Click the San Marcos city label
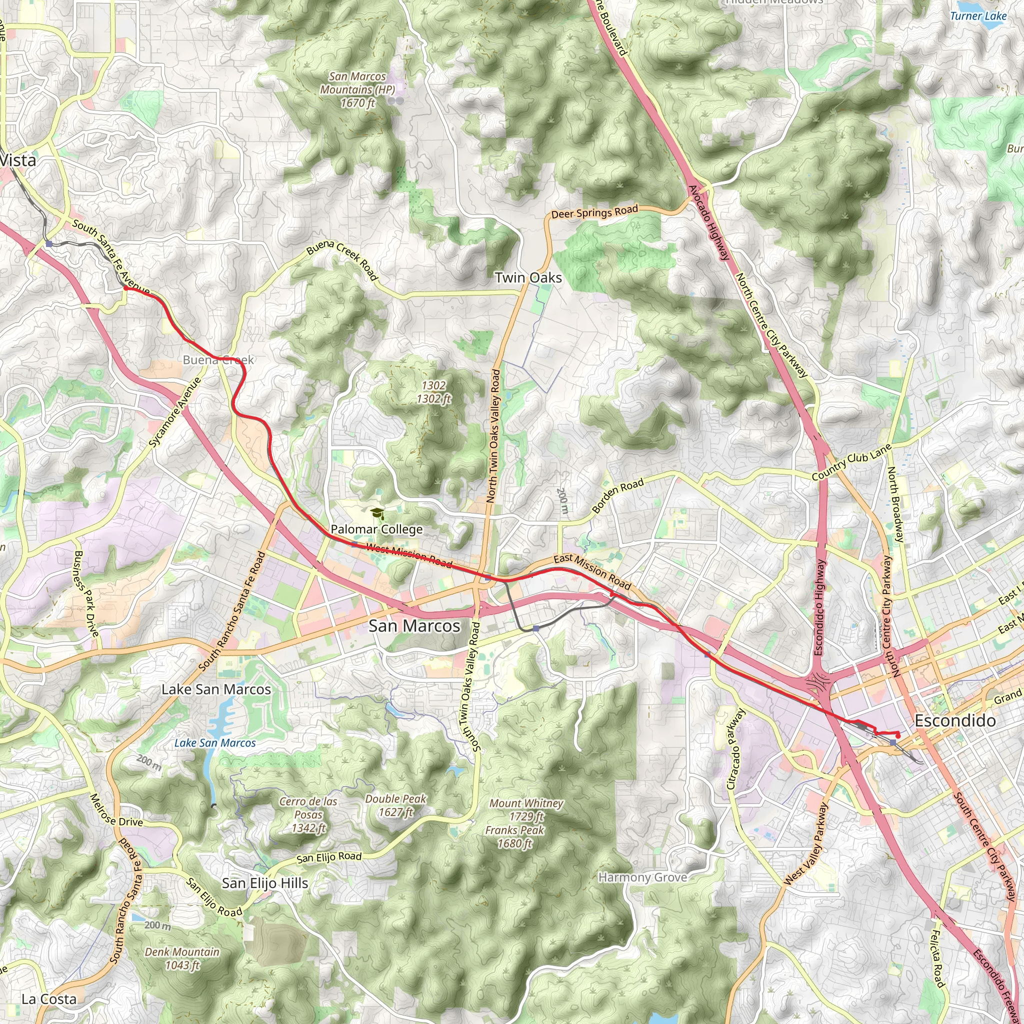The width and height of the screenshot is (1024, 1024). pos(414,626)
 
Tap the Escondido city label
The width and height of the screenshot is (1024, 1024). pos(955,721)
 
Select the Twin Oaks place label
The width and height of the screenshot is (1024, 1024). pos(528,277)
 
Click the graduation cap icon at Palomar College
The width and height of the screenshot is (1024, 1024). pos(376,513)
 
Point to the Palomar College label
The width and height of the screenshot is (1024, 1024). pos(376,529)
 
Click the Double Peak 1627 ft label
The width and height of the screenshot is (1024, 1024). pos(396,805)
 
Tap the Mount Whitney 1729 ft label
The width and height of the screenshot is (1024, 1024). pos(526,809)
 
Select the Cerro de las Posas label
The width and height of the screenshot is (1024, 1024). pos(308,814)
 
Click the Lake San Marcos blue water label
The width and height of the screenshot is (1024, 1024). pos(214,743)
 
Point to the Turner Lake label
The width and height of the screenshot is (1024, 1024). pos(978,16)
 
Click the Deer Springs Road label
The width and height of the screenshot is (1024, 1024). pos(594,212)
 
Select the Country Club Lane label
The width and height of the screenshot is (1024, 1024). pos(851,462)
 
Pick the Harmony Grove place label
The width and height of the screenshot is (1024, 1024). pos(642,877)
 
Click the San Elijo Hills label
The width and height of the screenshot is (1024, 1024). pos(264,883)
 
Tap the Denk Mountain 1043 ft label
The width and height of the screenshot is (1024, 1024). pos(182,958)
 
